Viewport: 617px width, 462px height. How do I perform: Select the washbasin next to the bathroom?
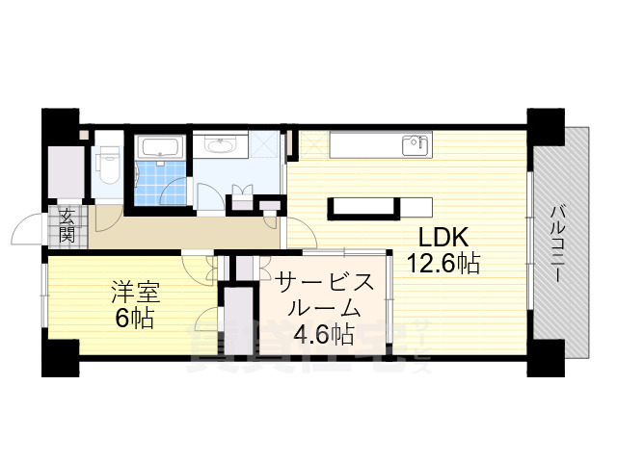tap(223, 146)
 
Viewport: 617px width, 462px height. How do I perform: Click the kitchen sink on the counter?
tap(416, 145)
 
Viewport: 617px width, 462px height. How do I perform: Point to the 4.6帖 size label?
tap(322, 335)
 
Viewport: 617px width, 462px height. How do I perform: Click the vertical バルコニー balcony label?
tap(558, 242)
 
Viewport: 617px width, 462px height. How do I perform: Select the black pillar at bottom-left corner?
tap(60, 357)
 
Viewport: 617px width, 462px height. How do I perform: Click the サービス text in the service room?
tap(323, 283)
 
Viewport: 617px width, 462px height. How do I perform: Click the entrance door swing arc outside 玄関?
tap(27, 231)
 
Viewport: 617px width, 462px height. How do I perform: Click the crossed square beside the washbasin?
tap(262, 146)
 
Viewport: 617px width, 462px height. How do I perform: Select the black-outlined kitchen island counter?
tap(364, 206)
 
